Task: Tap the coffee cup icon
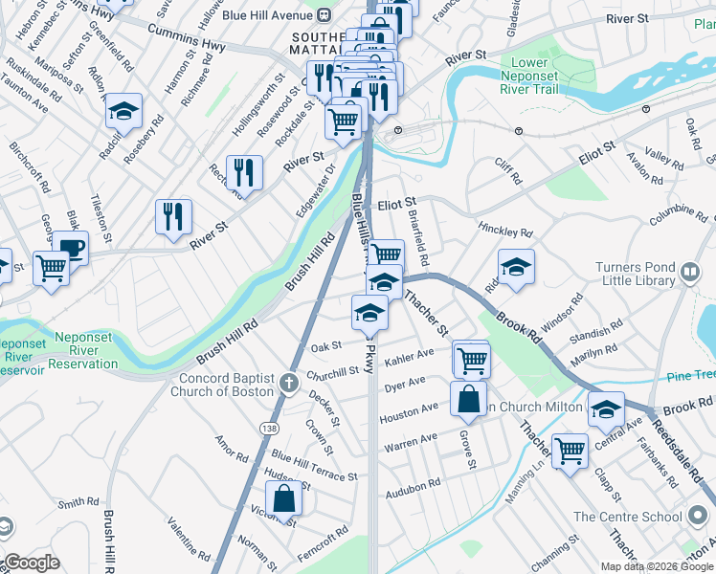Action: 70,248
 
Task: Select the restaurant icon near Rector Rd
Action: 244,173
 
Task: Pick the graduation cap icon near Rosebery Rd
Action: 123,111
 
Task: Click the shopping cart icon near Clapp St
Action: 570,449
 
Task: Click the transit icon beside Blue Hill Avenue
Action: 324,13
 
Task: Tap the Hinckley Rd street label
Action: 506,232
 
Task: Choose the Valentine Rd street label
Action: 190,540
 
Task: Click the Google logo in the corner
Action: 31,563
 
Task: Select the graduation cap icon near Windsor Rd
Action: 516,267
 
